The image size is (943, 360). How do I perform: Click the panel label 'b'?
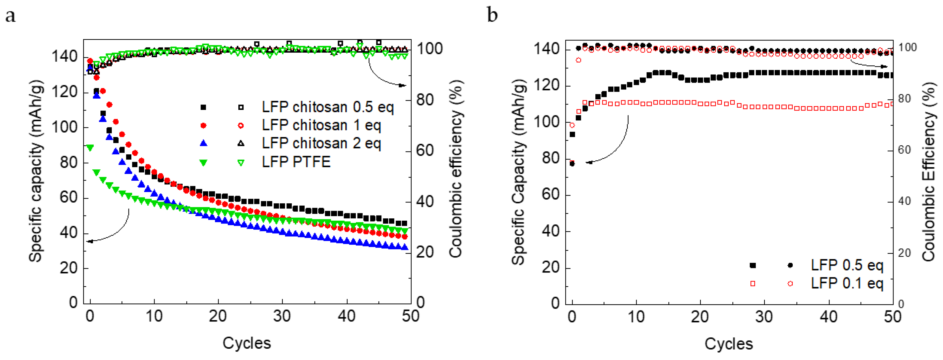[x=492, y=15]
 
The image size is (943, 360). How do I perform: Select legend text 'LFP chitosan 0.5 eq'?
[x=328, y=107]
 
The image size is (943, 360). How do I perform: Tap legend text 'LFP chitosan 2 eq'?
[x=321, y=143]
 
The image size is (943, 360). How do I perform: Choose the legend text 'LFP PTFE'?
[x=296, y=162]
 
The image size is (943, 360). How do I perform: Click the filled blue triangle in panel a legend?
[x=204, y=144]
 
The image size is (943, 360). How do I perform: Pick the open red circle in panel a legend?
[x=241, y=125]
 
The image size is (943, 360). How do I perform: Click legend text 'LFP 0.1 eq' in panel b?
[x=847, y=284]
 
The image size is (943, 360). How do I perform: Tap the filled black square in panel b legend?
[x=753, y=265]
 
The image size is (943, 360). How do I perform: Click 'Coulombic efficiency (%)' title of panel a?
[x=456, y=169]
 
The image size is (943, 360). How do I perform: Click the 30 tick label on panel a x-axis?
[x=282, y=316]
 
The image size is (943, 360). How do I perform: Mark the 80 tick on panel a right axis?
[x=425, y=100]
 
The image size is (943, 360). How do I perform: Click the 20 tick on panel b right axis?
[x=904, y=253]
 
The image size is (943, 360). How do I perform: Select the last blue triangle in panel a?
[x=405, y=248]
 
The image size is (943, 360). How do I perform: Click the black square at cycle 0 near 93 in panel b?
[x=572, y=135]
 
